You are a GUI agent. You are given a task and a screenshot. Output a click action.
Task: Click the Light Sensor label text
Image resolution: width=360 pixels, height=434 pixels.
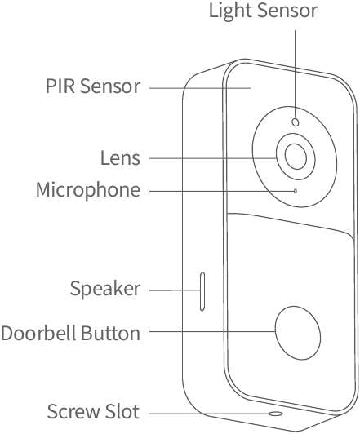click(263, 11)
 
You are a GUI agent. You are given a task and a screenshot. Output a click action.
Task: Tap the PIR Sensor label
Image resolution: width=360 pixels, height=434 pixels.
click(93, 86)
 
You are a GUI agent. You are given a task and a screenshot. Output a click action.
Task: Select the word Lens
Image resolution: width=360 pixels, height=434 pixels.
click(120, 157)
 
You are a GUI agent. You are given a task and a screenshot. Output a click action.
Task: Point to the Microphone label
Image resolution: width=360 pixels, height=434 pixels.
click(88, 190)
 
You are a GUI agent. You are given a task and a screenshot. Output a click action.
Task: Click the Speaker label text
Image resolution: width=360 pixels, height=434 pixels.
click(105, 289)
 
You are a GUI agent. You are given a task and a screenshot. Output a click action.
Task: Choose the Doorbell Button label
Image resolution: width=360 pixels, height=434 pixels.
click(71, 333)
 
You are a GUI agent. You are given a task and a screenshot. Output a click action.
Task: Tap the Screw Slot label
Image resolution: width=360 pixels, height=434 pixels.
click(93, 411)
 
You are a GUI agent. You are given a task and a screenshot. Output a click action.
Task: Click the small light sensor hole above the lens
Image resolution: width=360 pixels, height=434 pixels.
click(296, 122)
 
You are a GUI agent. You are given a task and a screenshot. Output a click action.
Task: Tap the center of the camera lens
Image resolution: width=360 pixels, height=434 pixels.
click(296, 157)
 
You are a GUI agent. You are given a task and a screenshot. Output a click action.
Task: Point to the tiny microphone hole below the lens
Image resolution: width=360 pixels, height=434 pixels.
click(296, 191)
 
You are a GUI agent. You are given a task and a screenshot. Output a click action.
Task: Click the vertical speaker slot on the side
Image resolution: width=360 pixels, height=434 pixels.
click(202, 291)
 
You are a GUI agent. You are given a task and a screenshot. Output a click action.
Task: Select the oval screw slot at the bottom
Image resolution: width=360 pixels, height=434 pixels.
click(276, 414)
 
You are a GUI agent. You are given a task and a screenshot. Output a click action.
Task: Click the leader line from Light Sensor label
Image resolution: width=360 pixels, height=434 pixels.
click(296, 74)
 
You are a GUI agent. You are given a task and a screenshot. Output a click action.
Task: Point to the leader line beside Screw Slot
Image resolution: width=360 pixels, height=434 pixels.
click(209, 414)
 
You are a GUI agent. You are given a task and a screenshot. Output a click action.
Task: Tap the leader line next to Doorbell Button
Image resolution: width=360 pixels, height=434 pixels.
click(212, 331)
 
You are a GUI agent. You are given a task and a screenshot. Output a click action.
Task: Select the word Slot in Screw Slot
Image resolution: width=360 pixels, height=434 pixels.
click(122, 411)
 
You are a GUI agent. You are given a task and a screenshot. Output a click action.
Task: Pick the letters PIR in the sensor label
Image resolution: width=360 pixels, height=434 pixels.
click(60, 86)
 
